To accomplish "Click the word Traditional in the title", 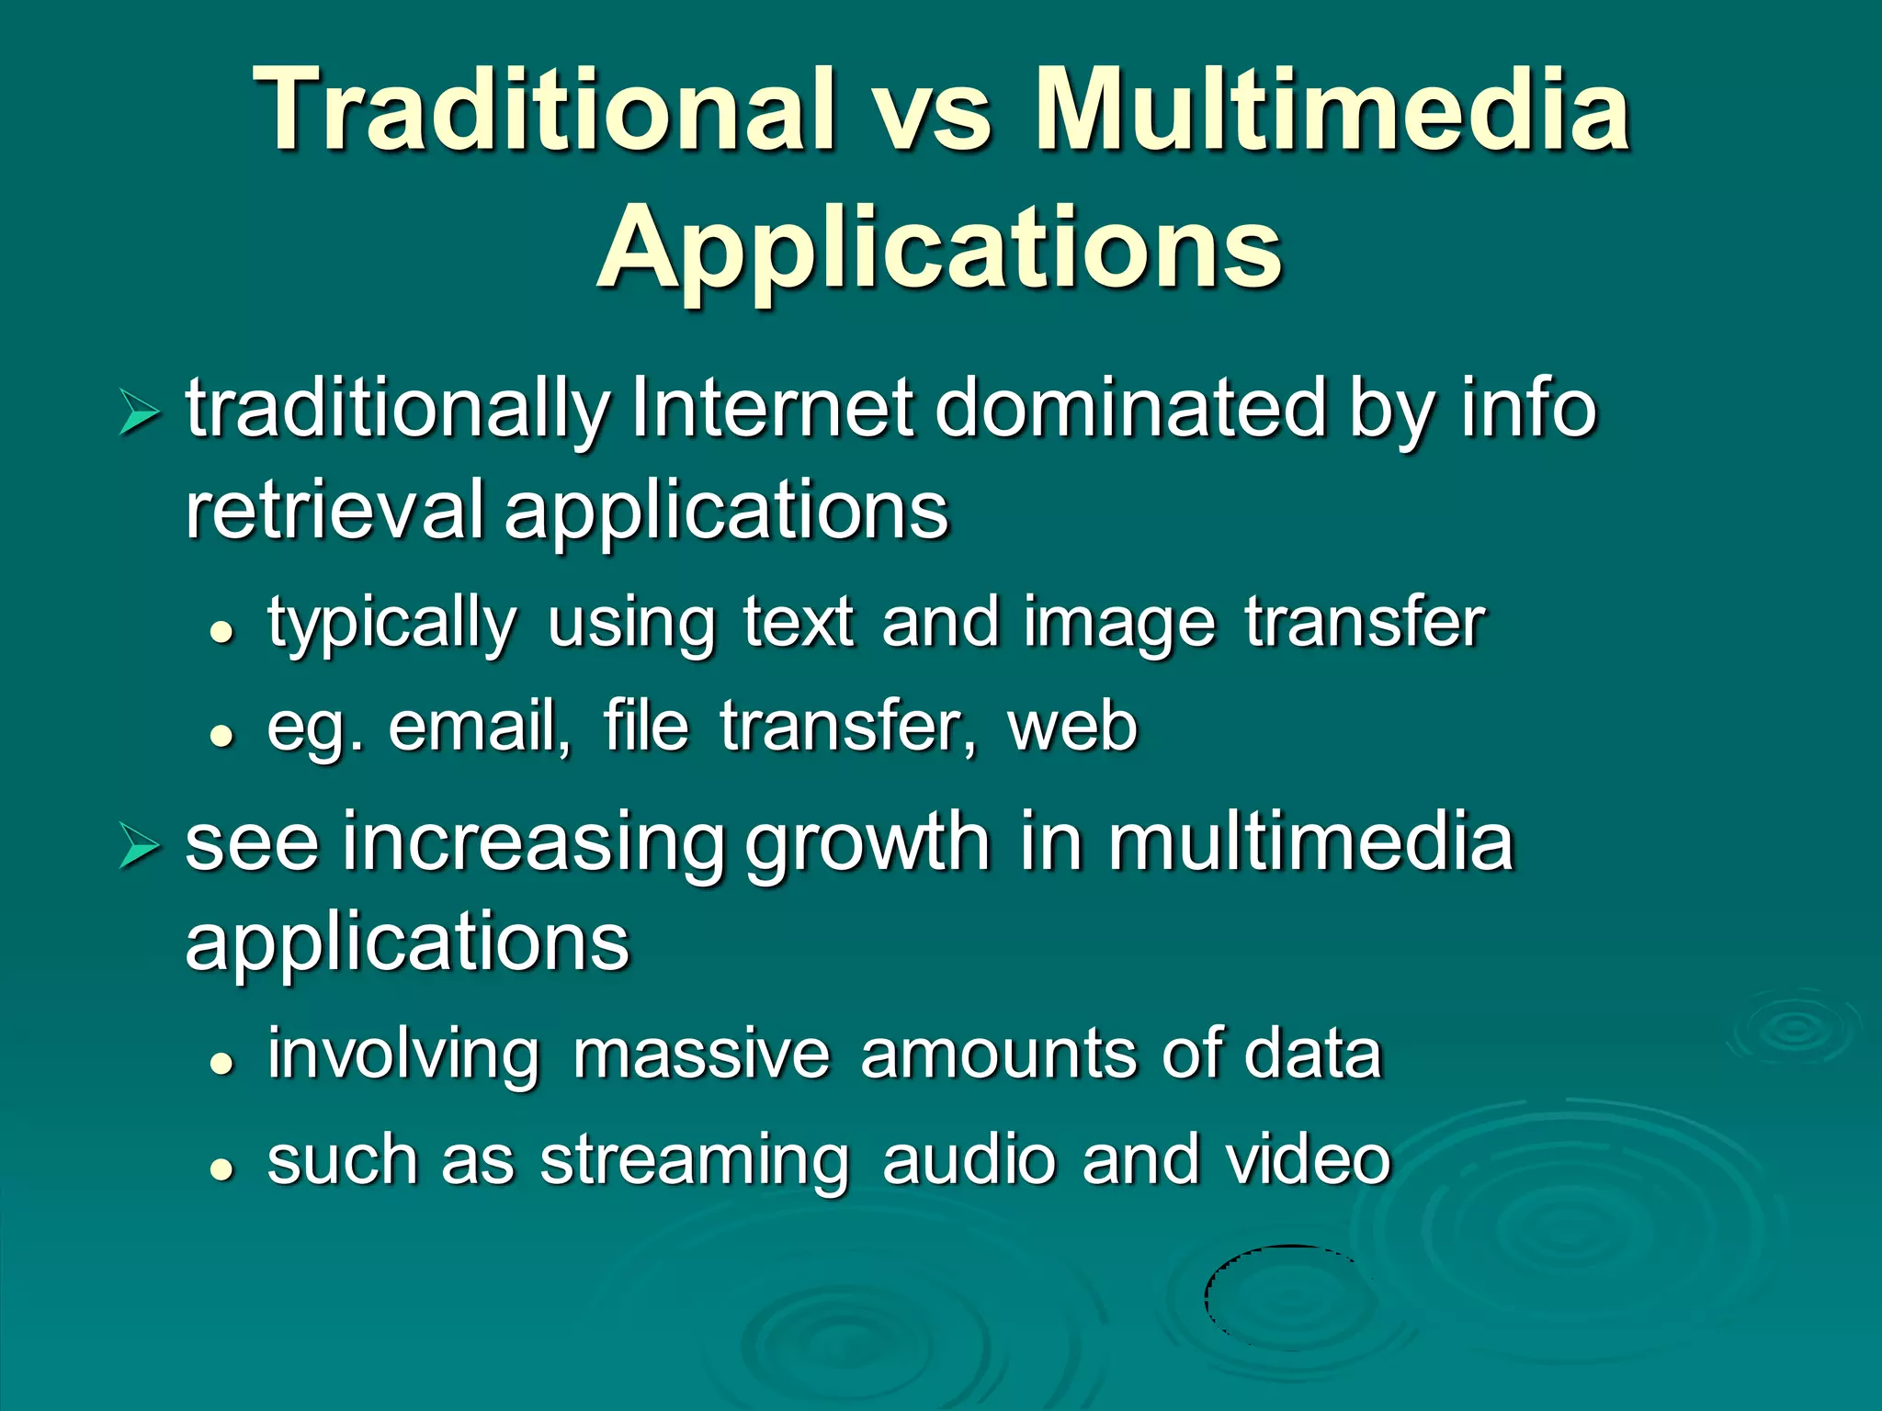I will pyautogui.click(x=548, y=110).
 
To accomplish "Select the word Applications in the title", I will pyautogui.click(x=939, y=248).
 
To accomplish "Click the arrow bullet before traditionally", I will pyautogui.click(x=139, y=412).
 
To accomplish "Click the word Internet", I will pyautogui.click(x=772, y=409).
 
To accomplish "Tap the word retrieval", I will pyautogui.click(x=334, y=510).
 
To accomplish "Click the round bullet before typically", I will pyautogui.click(x=221, y=632).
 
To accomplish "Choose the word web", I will pyautogui.click(x=1072, y=728).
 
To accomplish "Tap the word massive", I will pyautogui.click(x=700, y=1055).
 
